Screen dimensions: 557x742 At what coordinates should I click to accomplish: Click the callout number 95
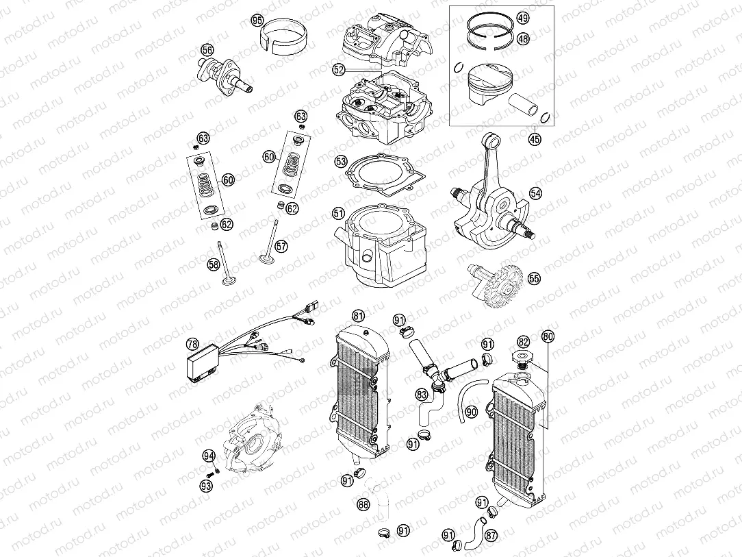click(x=257, y=21)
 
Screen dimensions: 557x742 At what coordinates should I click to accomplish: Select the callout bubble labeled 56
click(x=207, y=50)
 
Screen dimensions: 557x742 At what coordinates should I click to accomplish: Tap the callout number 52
click(x=338, y=69)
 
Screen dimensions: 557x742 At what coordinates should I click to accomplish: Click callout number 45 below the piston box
click(x=534, y=140)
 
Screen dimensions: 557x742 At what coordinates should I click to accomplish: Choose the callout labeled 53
click(x=341, y=162)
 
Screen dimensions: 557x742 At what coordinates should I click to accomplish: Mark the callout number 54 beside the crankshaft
click(x=535, y=194)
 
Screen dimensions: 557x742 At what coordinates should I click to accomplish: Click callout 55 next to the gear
click(x=534, y=279)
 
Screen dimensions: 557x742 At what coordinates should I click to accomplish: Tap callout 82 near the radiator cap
click(x=524, y=341)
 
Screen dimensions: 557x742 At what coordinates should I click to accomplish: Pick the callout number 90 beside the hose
click(x=471, y=412)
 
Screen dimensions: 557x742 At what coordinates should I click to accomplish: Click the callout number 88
click(x=363, y=506)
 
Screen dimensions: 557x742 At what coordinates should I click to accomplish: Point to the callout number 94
click(x=208, y=456)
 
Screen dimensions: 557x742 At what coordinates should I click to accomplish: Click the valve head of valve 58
click(x=227, y=280)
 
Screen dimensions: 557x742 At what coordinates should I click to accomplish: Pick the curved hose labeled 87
click(x=472, y=533)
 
